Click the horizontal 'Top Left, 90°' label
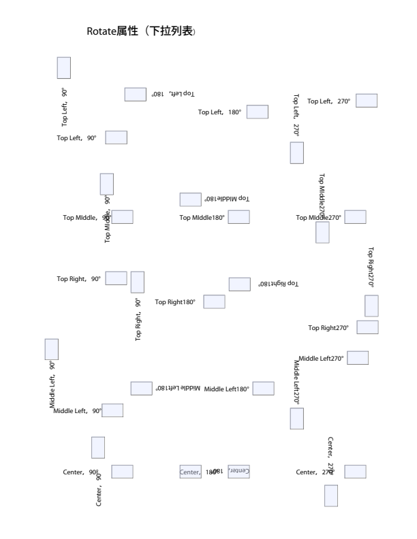(76, 138)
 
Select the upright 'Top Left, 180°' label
(219, 112)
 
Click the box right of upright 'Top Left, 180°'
(257, 112)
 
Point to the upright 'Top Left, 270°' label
(328, 101)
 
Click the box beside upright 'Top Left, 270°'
(367, 101)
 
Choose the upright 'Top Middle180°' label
(202, 218)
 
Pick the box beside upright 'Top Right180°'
(215, 301)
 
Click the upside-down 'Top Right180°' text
(278, 283)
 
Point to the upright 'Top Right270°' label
(328, 328)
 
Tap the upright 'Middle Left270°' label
(322, 358)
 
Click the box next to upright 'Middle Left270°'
(358, 358)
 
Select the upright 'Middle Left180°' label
(227, 389)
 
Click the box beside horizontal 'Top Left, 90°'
(117, 137)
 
